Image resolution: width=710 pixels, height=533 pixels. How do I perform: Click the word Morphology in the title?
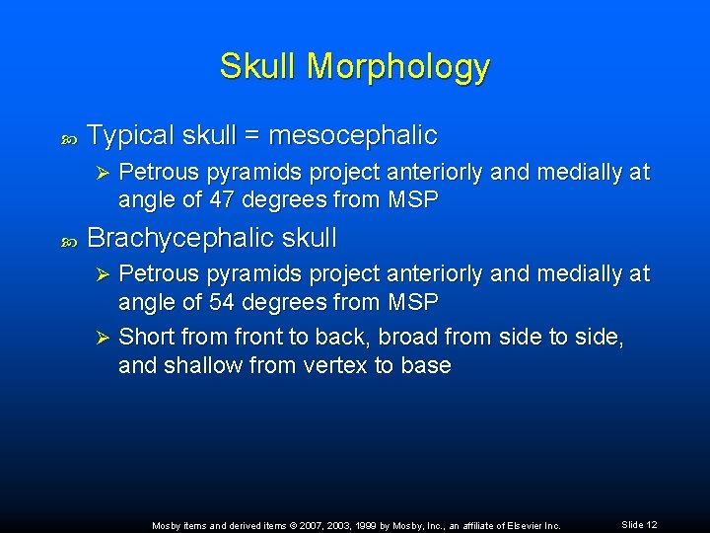coord(397,67)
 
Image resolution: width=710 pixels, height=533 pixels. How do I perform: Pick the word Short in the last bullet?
coord(145,337)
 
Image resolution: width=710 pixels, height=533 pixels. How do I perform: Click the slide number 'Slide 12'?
coord(639,524)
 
